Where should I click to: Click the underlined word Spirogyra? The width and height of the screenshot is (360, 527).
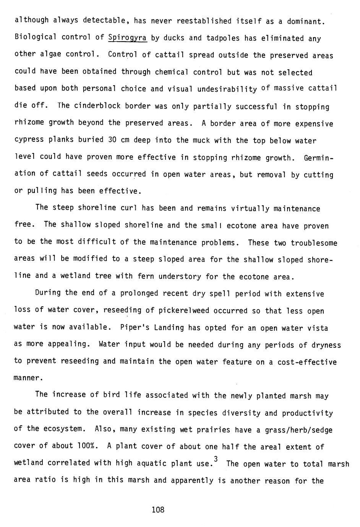click(128, 38)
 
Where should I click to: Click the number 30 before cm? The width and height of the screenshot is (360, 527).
click(112, 139)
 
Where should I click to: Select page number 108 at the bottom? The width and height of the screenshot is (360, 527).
click(158, 509)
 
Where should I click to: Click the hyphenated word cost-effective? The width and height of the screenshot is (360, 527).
click(307, 362)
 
